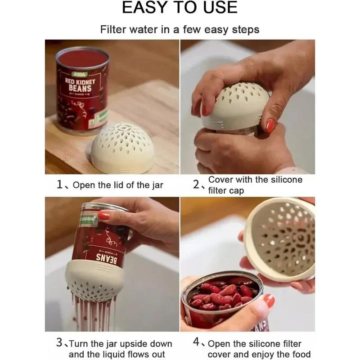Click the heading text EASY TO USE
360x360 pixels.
click(x=180, y=8)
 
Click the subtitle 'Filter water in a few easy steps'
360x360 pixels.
click(x=180, y=30)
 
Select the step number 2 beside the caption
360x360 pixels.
click(x=197, y=184)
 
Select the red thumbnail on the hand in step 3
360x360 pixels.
click(x=104, y=216)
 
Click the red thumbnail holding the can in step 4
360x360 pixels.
click(x=268, y=301)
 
